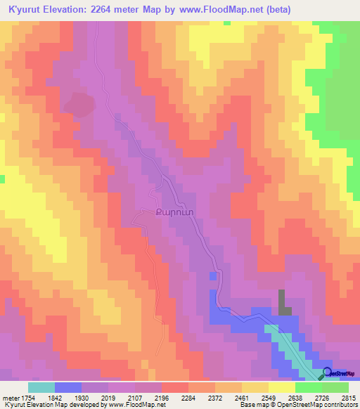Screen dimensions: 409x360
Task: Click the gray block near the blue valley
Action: pos(283,302)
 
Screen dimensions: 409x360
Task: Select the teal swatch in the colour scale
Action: pos(41,387)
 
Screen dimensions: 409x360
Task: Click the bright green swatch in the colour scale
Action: pos(309,387)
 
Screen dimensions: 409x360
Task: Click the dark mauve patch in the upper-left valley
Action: pos(79,105)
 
